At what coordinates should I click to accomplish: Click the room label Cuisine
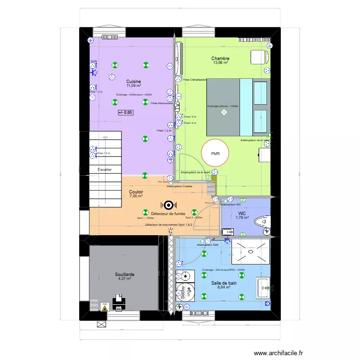point(133,82)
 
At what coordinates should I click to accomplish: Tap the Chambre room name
point(220,59)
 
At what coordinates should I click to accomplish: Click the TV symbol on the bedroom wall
point(177,107)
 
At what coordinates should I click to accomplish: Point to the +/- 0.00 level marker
point(126,112)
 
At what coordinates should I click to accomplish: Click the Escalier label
point(104,170)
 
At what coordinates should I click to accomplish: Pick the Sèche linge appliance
point(181,291)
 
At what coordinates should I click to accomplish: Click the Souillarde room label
point(124,275)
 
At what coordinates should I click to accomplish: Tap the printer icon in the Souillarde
point(119,302)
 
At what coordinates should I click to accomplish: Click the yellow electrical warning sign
point(104,308)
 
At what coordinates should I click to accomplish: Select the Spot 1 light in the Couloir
point(145,212)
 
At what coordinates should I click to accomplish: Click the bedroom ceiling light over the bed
point(223,112)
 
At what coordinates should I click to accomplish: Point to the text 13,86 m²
point(220,63)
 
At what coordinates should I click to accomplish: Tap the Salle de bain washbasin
point(263,288)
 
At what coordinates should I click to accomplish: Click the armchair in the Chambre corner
point(259,57)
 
